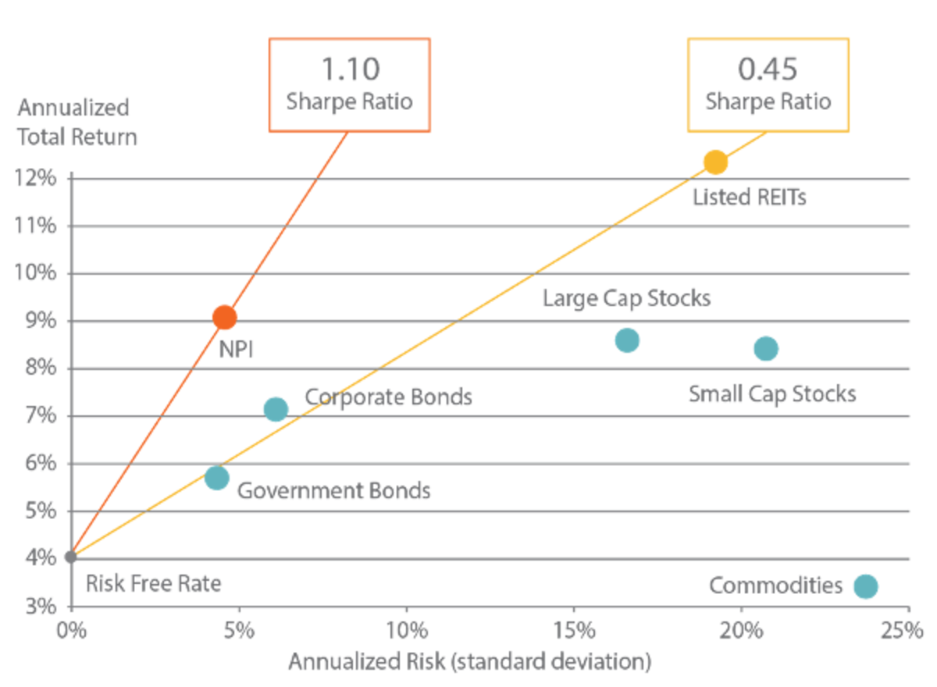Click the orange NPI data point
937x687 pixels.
pos(224,317)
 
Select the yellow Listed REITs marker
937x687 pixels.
pos(715,162)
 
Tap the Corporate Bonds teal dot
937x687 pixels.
pos(276,408)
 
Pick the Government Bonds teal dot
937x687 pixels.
pos(217,477)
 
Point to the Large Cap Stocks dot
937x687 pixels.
pos(627,340)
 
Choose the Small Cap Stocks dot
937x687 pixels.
pos(765,348)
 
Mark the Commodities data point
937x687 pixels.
pos(865,586)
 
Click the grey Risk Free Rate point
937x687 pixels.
pos(70,556)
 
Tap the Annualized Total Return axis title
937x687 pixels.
pos(78,122)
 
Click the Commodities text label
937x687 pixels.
pos(775,586)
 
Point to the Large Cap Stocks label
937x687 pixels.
pos(626,298)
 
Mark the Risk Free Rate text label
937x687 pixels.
pos(153,583)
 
